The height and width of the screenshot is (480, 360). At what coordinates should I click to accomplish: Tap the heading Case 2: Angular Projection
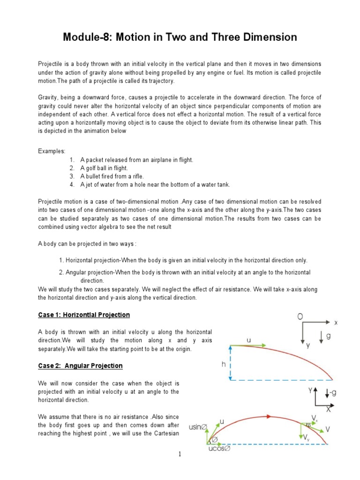click(80, 366)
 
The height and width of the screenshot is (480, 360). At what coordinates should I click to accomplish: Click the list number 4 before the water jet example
click(71, 185)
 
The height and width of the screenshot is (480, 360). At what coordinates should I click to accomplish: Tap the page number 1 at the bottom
click(180, 454)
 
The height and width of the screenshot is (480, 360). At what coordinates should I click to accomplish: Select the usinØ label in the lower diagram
click(197, 427)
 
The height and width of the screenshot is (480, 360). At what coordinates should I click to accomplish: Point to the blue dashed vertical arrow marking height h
click(230, 362)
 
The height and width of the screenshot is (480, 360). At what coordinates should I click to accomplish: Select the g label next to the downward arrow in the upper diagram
click(329, 337)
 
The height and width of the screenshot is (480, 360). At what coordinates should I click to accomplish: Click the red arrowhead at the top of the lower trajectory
click(270, 415)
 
